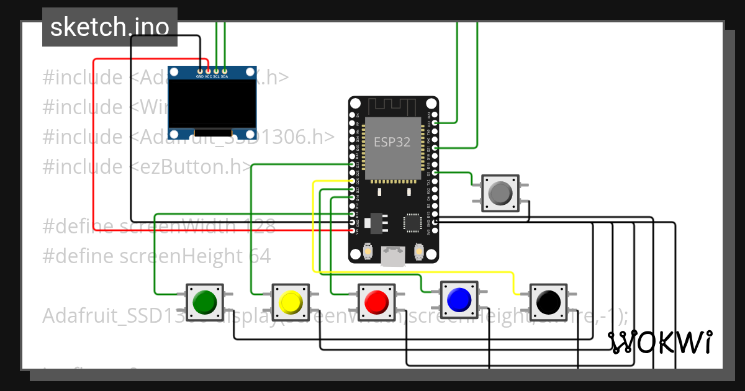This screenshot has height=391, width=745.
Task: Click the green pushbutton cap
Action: [204, 302]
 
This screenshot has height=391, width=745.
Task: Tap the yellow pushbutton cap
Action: [290, 302]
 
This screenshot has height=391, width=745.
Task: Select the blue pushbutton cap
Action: [458, 299]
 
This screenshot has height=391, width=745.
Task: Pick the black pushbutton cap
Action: [547, 302]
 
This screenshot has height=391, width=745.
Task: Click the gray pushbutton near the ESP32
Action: [500, 193]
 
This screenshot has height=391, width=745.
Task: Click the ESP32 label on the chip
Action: [392, 142]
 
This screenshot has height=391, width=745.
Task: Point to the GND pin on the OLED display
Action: [200, 70]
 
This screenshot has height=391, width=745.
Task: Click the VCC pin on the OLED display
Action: [208, 70]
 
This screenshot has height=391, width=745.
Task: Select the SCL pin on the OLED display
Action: [216, 70]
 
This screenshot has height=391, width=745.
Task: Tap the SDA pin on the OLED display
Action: [224, 70]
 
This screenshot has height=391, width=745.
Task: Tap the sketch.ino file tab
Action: [109, 27]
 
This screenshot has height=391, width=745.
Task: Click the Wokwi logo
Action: [659, 342]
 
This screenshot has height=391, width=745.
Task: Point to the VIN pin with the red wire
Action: [353, 230]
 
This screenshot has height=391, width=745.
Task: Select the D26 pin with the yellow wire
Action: [353, 181]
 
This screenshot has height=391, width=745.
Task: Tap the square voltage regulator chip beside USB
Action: [412, 222]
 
